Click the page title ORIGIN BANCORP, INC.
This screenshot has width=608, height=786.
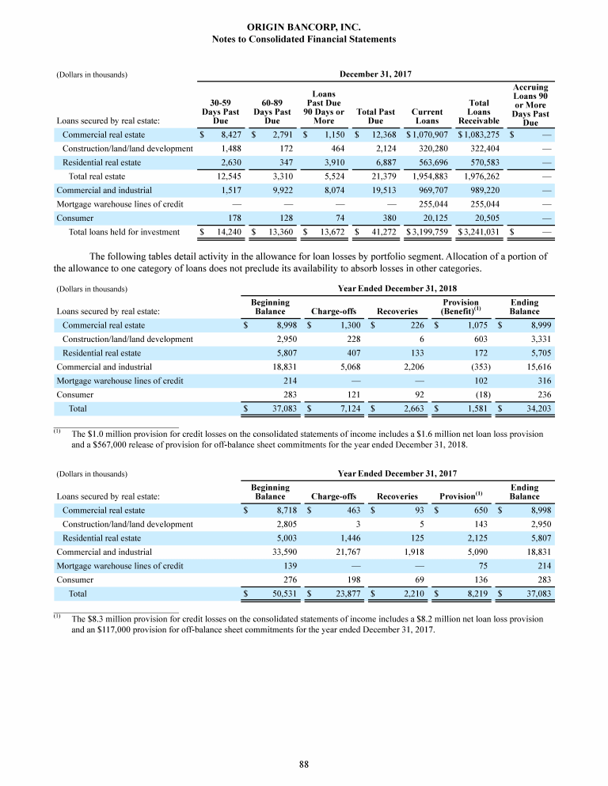(x=304, y=27)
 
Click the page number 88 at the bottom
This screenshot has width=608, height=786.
(x=304, y=763)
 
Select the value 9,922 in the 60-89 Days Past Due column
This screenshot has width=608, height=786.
(x=272, y=190)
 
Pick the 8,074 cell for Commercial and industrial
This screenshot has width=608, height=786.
(x=329, y=190)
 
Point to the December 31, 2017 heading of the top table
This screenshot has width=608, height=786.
(x=375, y=75)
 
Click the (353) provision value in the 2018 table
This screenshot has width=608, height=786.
(x=465, y=366)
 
